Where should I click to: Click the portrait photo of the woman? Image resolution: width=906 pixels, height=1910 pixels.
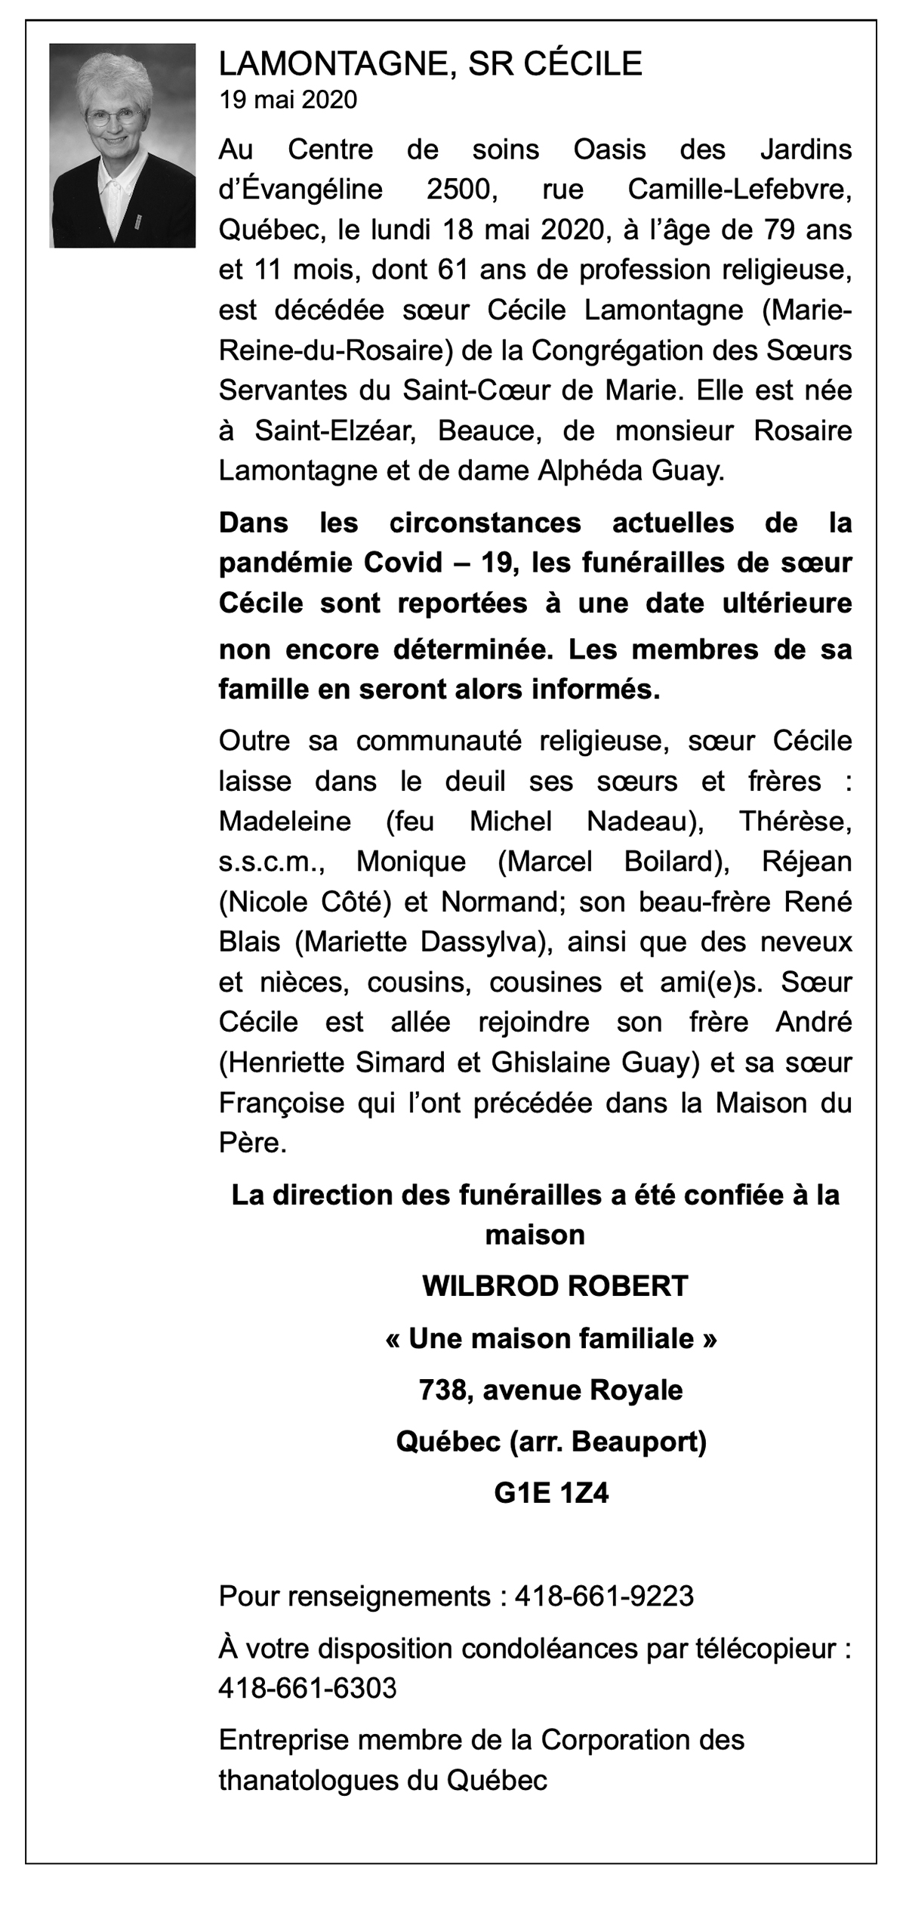(x=122, y=146)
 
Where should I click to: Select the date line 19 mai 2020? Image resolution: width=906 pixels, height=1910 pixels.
(x=288, y=100)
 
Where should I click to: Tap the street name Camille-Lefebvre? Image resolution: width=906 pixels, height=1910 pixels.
(x=739, y=190)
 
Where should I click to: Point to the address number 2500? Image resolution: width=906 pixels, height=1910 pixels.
(x=461, y=190)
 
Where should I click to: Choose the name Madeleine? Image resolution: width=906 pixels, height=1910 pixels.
(x=285, y=821)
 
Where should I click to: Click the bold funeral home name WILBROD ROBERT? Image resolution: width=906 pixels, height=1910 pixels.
(x=555, y=1285)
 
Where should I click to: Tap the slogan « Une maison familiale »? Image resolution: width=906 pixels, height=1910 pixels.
(x=550, y=1338)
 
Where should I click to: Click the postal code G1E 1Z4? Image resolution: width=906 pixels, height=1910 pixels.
(x=551, y=1493)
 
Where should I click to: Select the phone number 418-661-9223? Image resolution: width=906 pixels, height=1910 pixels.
(x=604, y=1596)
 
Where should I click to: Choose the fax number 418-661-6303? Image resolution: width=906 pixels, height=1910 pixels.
(x=307, y=1688)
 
